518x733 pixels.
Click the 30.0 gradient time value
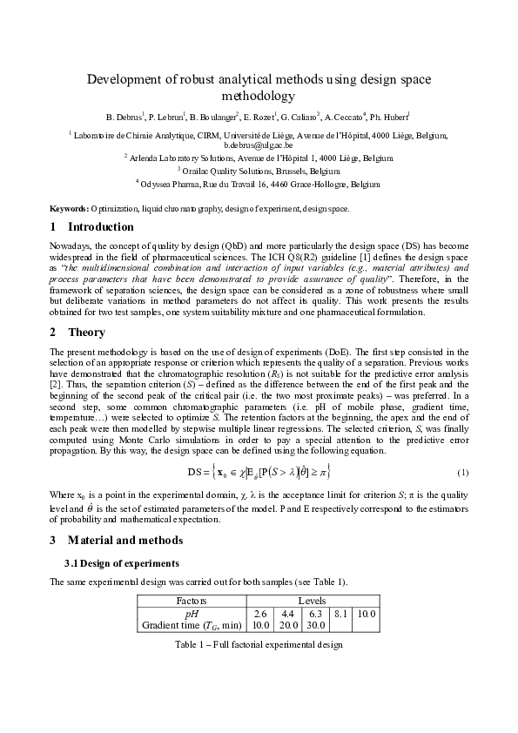pyautogui.click(x=314, y=625)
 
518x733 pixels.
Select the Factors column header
pyautogui.click(x=192, y=601)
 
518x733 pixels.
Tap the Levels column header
pyautogui.click(x=313, y=601)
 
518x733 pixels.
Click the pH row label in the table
pyautogui.click(x=192, y=613)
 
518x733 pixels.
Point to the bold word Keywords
pyautogui.click(x=68, y=210)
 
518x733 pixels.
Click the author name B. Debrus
pyautogui.click(x=123, y=116)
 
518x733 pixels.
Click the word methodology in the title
pyautogui.click(x=259, y=97)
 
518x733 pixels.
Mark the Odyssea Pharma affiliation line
pyautogui.click(x=259, y=184)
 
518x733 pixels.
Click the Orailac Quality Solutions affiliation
pyautogui.click(x=259, y=171)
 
